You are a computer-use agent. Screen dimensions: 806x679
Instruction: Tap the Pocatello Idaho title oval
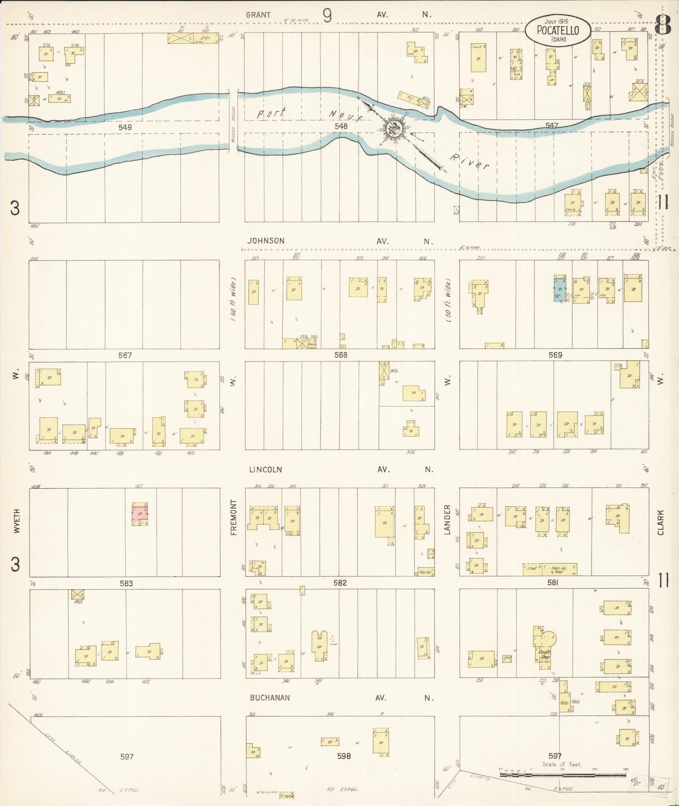[557, 30]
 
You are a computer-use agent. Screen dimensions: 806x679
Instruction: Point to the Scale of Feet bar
[562, 774]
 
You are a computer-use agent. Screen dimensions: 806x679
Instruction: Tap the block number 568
[341, 355]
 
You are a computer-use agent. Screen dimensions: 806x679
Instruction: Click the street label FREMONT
[234, 517]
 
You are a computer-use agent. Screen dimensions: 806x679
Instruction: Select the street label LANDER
[447, 519]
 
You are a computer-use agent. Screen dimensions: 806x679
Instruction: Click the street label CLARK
[660, 522]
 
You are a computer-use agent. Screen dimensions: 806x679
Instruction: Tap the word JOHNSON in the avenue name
[266, 241]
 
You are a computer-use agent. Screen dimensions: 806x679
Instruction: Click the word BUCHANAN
[269, 697]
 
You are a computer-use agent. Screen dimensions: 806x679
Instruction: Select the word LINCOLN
[265, 469]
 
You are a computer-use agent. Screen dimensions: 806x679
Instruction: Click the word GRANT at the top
[258, 15]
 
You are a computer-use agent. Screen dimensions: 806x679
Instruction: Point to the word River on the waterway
[469, 162]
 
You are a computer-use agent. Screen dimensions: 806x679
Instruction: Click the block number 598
[344, 756]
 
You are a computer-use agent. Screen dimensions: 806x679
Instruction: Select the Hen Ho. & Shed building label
[559, 570]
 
